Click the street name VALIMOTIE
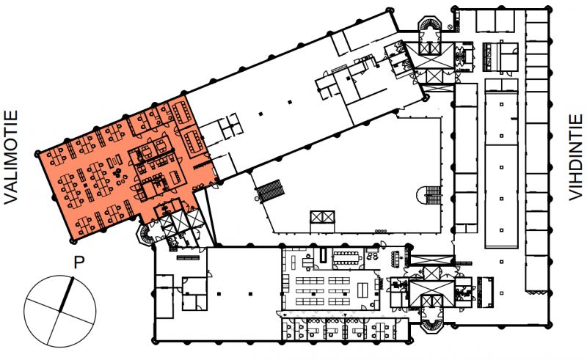11,158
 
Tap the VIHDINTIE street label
575,158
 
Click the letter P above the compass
79,263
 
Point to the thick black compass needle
66,294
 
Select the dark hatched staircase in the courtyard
270,190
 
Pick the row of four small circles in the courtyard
380,232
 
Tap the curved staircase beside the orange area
145,235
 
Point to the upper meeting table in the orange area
183,113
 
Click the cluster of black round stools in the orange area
117,173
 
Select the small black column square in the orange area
85,185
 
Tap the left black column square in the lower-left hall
219,293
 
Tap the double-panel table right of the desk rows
362,290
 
